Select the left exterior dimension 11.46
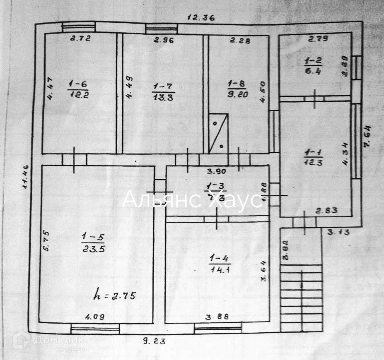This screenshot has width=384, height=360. tap(26, 177)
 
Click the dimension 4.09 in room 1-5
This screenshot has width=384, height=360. tap(95, 317)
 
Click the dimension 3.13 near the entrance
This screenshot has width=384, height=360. tap(338, 232)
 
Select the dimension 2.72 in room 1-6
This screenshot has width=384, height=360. tap(80, 39)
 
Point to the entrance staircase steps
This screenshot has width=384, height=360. tap(301, 298)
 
